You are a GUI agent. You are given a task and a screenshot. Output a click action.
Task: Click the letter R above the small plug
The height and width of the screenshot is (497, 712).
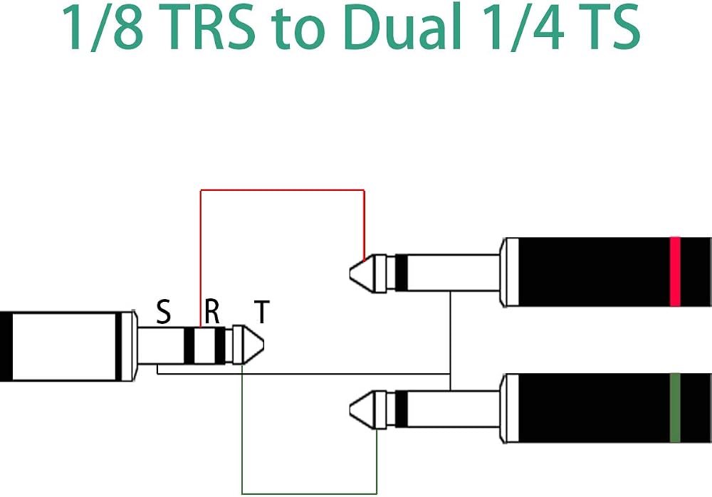tap(212, 311)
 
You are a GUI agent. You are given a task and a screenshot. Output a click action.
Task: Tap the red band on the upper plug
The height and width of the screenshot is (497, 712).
tap(675, 272)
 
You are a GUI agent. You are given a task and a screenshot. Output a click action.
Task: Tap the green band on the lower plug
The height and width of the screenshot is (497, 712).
tap(675, 408)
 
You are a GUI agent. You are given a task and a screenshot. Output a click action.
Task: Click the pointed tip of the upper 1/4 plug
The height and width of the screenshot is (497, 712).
tap(350, 273)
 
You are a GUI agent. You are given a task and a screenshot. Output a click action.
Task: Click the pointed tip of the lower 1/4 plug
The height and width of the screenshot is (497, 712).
tap(350, 409)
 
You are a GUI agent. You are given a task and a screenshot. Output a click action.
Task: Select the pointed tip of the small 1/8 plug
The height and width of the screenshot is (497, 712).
tap(263, 345)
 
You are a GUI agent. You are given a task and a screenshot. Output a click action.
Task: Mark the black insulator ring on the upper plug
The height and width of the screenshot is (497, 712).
tap(402, 273)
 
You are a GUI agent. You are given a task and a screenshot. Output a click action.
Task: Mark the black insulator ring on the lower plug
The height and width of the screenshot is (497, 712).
tap(402, 409)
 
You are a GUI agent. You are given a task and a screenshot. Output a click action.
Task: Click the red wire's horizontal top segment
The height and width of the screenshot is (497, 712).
tap(283, 190)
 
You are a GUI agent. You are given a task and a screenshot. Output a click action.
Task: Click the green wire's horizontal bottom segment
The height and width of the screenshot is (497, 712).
tap(309, 493)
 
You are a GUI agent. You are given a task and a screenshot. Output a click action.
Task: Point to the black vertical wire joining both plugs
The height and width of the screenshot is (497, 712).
tap(450, 341)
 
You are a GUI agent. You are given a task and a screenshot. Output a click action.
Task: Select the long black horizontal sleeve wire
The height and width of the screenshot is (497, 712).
tap(303, 374)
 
